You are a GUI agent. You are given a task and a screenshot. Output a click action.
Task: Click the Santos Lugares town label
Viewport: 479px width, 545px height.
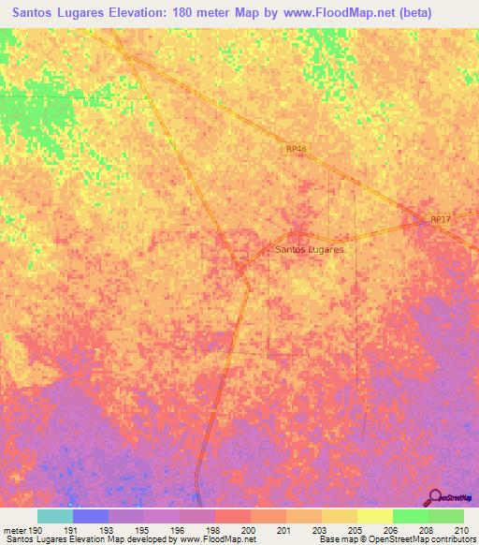(311, 250)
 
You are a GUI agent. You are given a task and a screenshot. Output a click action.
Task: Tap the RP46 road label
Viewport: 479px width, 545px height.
(297, 149)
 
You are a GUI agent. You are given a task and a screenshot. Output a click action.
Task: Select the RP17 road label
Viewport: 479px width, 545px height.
(440, 219)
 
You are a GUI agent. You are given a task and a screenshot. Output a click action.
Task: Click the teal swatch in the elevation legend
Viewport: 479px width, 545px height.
(54, 516)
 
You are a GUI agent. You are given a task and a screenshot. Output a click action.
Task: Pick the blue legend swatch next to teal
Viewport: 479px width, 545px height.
(90, 516)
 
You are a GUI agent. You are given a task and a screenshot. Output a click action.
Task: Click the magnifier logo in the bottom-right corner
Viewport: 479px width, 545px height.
(433, 497)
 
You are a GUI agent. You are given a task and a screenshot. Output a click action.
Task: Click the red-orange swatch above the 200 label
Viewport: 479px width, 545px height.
(232, 516)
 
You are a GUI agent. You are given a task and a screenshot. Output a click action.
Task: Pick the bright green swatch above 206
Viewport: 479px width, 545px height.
(410, 516)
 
